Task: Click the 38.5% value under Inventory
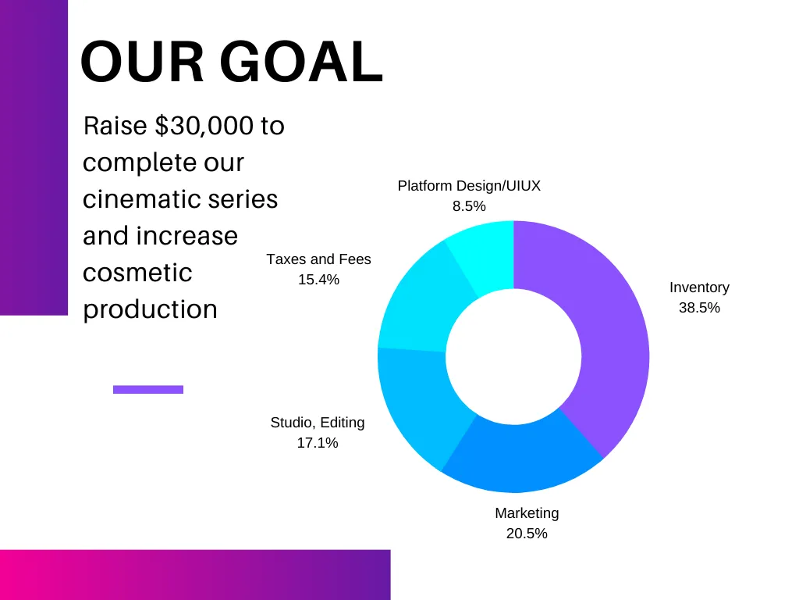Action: (x=699, y=308)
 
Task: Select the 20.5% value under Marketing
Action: (x=527, y=533)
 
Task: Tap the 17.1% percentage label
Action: (x=318, y=443)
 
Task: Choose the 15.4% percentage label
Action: (x=318, y=280)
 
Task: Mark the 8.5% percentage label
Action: (x=469, y=206)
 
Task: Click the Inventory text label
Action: (x=699, y=287)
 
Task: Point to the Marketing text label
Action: (x=527, y=513)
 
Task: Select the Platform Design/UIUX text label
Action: (x=469, y=186)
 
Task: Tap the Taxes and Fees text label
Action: (x=318, y=259)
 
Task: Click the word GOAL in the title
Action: (x=301, y=61)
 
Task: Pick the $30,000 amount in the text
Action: (x=204, y=126)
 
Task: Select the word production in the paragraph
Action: (x=150, y=310)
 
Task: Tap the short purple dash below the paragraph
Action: (x=148, y=389)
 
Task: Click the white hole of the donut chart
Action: (x=513, y=356)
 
